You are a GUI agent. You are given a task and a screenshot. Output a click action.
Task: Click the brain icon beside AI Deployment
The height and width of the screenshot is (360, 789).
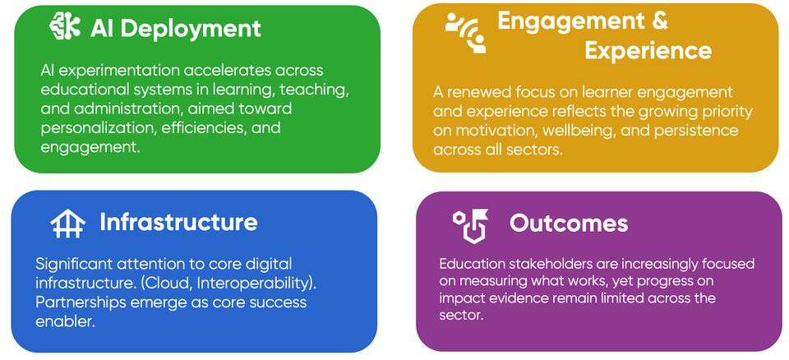[65, 28]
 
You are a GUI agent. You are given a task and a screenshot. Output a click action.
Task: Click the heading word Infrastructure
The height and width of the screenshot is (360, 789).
[178, 222]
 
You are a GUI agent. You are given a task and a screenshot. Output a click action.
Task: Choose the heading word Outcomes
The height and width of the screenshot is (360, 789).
[569, 223]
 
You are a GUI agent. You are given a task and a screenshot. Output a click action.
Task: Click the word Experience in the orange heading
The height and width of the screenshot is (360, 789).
[648, 51]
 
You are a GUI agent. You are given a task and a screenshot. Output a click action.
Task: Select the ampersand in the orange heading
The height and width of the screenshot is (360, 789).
[658, 20]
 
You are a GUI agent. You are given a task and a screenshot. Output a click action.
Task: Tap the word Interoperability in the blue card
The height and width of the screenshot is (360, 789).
[257, 283]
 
